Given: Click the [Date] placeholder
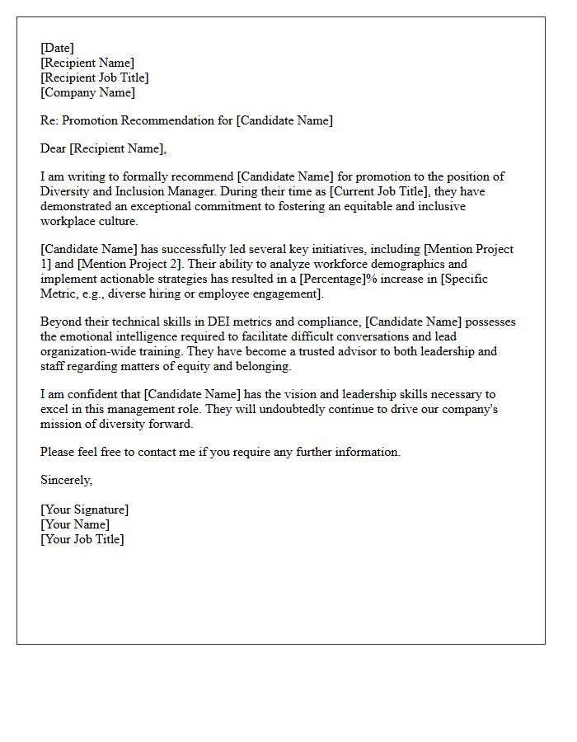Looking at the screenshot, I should [57, 48].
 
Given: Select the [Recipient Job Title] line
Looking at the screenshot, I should [95, 77].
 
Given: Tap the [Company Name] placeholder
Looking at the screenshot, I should [88, 92].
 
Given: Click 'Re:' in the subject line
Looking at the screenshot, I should [50, 120].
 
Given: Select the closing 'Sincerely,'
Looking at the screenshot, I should [67, 480].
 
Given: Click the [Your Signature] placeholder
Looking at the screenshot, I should [84, 510].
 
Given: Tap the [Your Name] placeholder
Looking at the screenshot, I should [75, 524].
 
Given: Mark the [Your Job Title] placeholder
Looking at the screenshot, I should [82, 539].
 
